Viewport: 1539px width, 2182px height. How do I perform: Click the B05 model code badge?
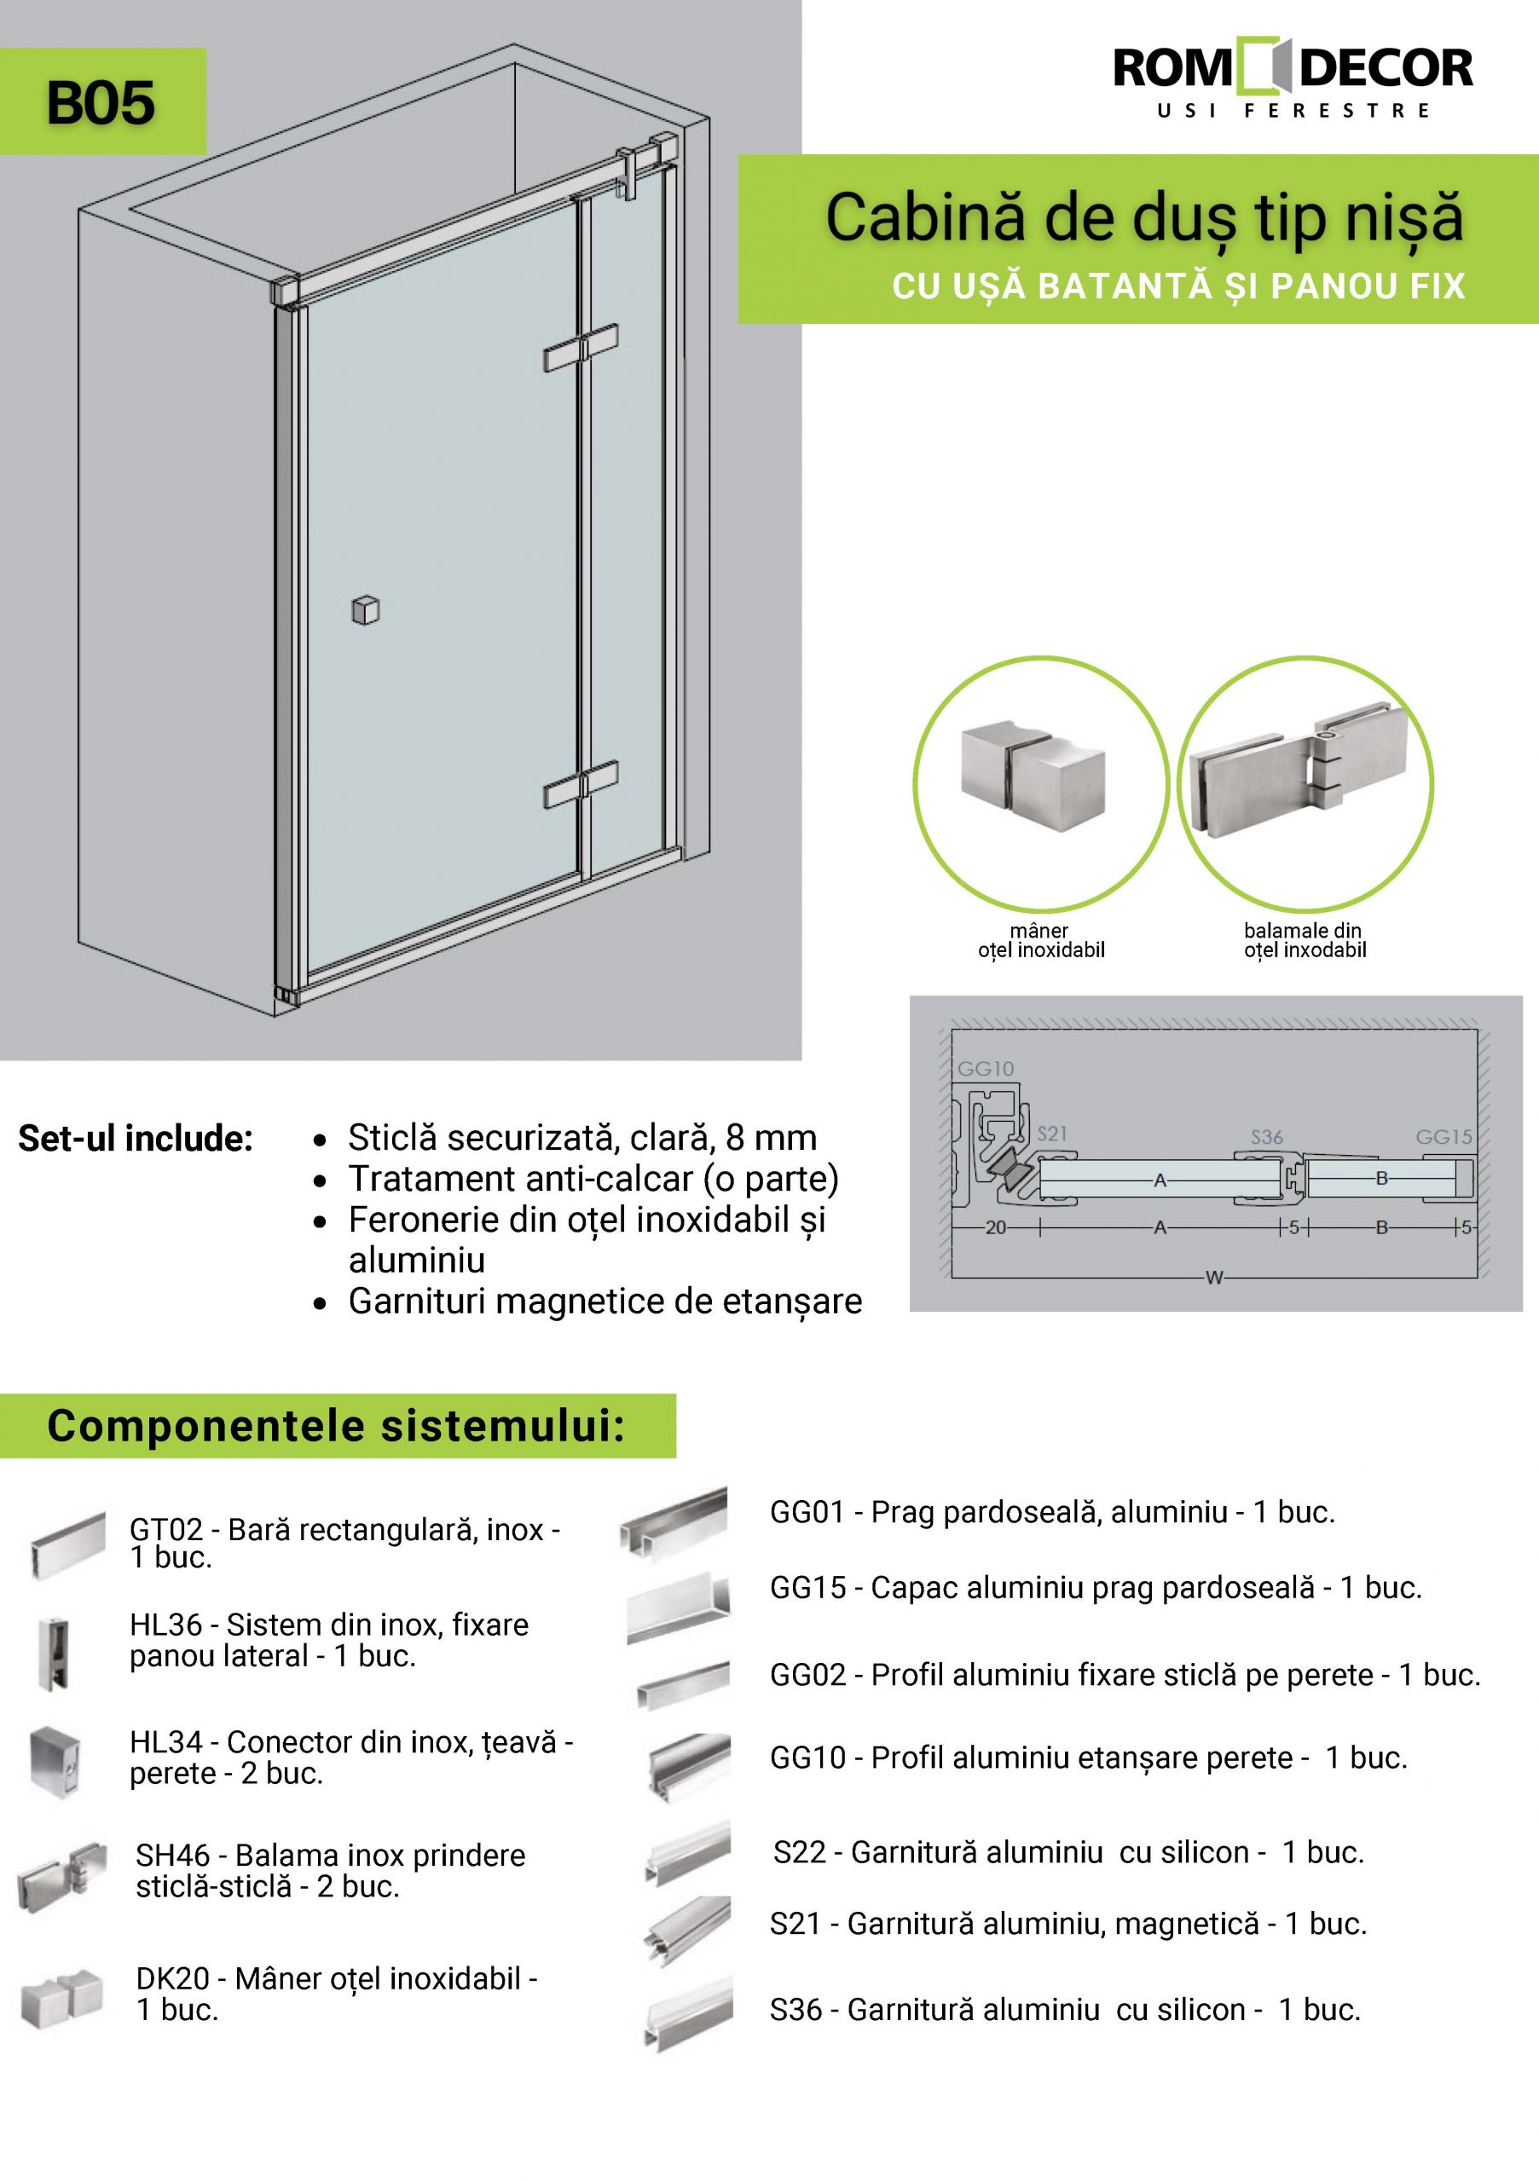tap(101, 102)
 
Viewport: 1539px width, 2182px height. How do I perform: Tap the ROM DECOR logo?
tap(1293, 80)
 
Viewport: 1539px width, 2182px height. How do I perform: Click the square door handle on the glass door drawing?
tap(365, 610)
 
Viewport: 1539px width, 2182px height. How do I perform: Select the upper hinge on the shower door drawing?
tap(581, 349)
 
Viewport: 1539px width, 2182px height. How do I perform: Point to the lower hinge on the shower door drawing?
tap(581, 785)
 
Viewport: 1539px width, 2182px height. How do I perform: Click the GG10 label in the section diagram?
tap(985, 1068)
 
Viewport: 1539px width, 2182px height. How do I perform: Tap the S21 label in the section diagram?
tap(1051, 1133)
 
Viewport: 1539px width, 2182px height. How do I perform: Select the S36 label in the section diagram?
tap(1266, 1137)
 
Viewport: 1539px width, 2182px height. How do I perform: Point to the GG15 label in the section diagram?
tap(1443, 1137)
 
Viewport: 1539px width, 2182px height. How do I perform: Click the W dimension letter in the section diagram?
tap(1214, 1279)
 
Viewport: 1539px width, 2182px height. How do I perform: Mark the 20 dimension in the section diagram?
tap(995, 1228)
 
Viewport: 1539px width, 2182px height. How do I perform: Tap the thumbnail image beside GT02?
tap(67, 1545)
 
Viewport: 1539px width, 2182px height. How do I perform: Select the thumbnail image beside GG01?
tap(674, 1522)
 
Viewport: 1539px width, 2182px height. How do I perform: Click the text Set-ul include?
tap(135, 1139)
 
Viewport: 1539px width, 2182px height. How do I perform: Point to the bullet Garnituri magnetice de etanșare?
tap(605, 1301)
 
